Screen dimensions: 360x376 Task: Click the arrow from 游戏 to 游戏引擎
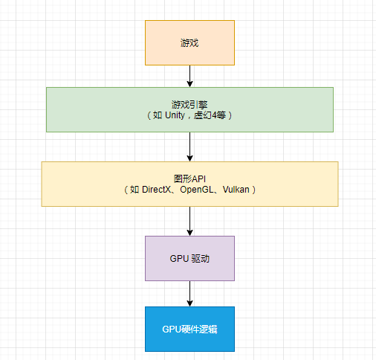pyautogui.click(x=190, y=76)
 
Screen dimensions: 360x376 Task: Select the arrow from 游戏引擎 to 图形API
pyautogui.click(x=190, y=147)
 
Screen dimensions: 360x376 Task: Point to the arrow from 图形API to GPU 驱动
pyautogui.click(x=190, y=221)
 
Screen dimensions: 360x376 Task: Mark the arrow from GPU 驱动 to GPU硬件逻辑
pyautogui.click(x=190, y=293)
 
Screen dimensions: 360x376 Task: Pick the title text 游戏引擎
pyautogui.click(x=189, y=105)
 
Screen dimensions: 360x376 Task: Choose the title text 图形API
pyautogui.click(x=189, y=179)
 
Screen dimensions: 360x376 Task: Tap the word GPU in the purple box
pyautogui.click(x=179, y=258)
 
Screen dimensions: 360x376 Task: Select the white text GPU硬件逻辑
pyautogui.click(x=189, y=329)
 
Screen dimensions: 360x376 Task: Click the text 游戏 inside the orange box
pyautogui.click(x=189, y=42)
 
